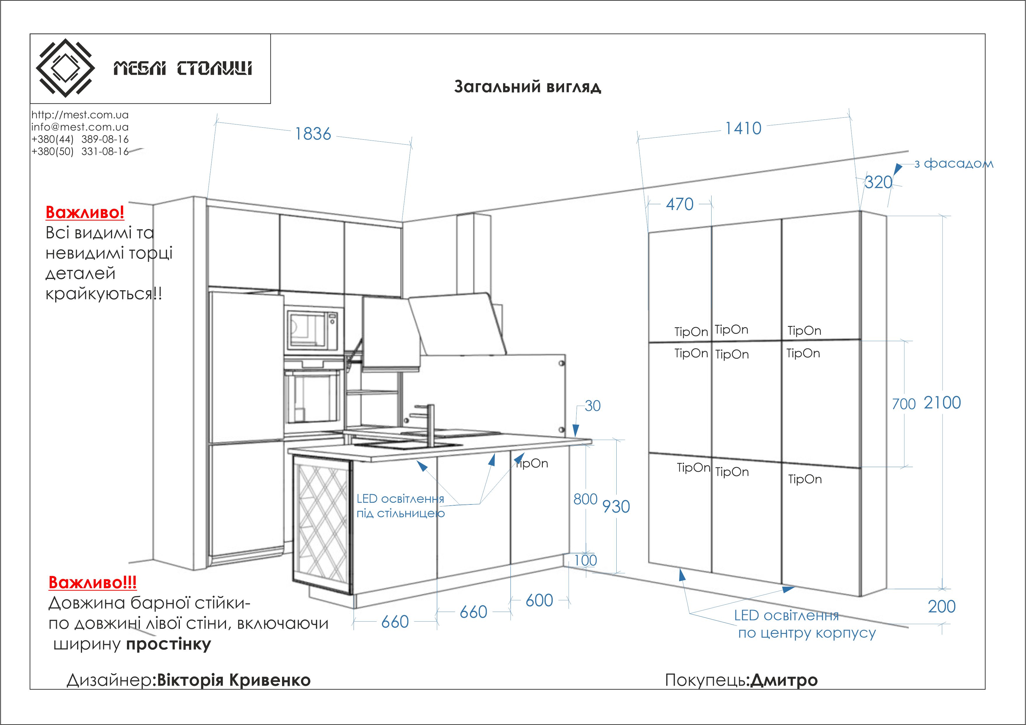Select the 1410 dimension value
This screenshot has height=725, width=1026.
(743, 129)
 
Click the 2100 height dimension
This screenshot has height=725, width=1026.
(942, 403)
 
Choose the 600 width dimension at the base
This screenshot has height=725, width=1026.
(539, 600)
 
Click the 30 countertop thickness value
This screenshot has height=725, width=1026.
(592, 406)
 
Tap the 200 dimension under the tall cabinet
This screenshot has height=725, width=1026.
(942, 606)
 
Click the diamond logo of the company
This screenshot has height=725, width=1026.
(65, 68)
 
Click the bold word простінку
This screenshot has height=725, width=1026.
(168, 644)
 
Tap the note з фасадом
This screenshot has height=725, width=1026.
(954, 164)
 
